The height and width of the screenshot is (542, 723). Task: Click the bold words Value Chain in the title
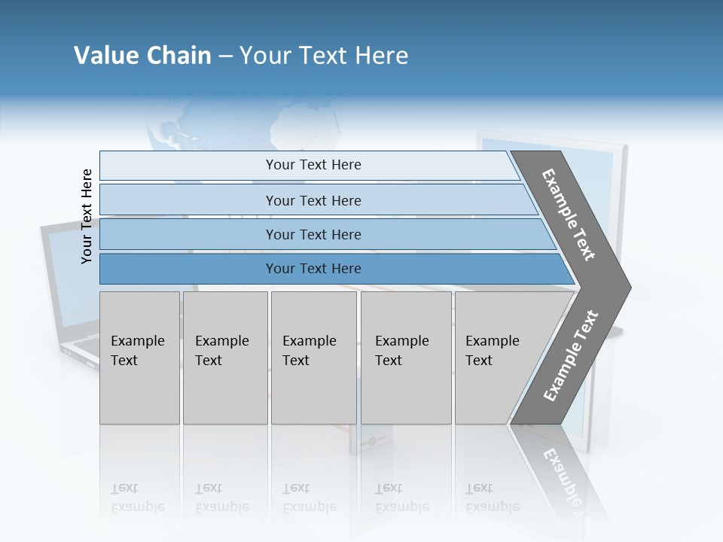pyautogui.click(x=142, y=56)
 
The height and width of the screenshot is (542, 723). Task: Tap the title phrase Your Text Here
pyautogui.click(x=324, y=56)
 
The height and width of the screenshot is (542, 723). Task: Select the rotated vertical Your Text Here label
pyautogui.click(x=87, y=216)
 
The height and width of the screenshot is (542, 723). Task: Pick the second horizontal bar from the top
pyautogui.click(x=313, y=200)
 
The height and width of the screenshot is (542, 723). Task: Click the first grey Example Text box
pyautogui.click(x=139, y=358)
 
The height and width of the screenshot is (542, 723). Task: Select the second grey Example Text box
pyautogui.click(x=225, y=358)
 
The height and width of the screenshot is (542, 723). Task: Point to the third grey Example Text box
pyautogui.click(x=313, y=358)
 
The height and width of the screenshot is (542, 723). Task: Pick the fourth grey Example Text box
pyautogui.click(x=405, y=358)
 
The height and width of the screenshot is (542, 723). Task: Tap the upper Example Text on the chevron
pyautogui.click(x=569, y=215)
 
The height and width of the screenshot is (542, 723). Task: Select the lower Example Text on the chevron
pyautogui.click(x=570, y=355)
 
